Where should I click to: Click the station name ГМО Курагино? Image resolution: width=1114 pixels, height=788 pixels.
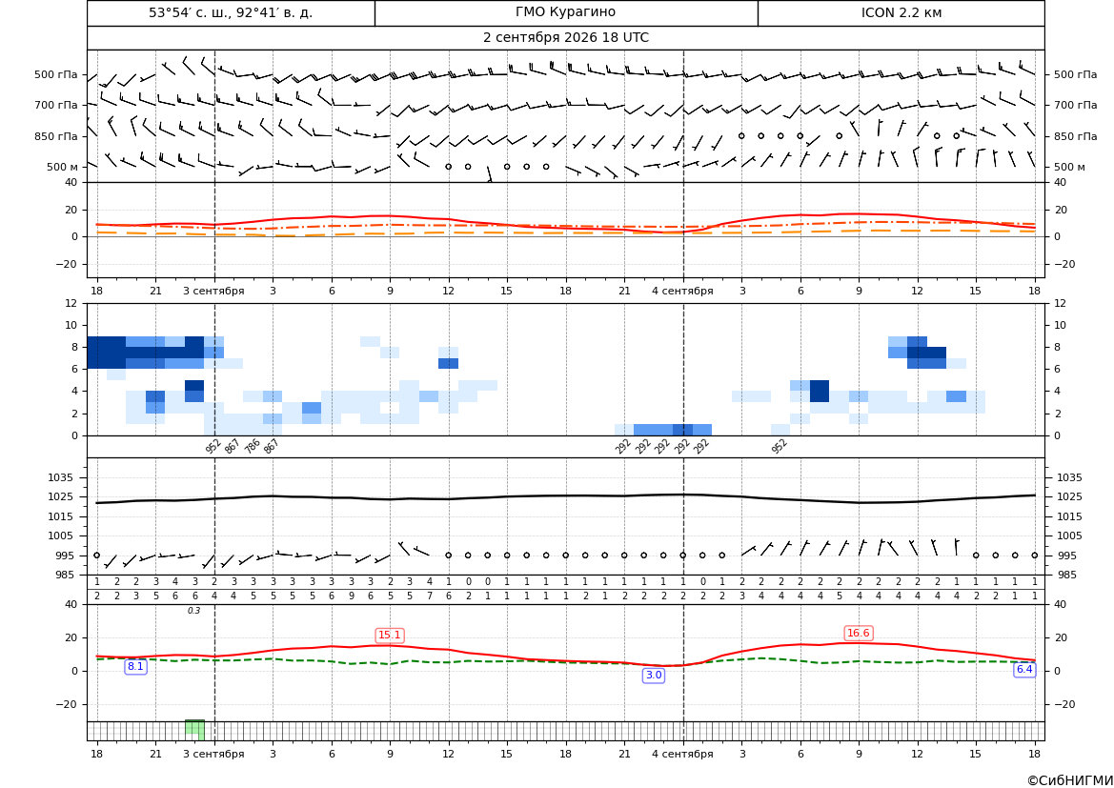point(565,12)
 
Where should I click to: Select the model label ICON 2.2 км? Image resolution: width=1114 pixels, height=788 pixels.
point(901,12)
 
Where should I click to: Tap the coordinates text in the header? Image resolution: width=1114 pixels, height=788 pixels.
point(231,12)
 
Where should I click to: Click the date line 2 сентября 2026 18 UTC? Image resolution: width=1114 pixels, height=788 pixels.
point(565,38)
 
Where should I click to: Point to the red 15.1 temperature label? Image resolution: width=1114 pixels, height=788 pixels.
point(390,636)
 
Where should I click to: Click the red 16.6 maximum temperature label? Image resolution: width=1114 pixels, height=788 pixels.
point(859,633)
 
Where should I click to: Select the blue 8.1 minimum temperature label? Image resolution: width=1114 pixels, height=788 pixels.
point(135,666)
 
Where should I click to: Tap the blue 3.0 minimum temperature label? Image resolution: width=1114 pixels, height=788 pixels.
point(653,675)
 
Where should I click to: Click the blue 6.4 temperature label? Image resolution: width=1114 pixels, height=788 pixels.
point(1023,669)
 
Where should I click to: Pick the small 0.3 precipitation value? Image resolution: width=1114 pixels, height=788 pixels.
point(194,611)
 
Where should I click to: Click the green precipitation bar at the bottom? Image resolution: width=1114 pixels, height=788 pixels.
point(194,730)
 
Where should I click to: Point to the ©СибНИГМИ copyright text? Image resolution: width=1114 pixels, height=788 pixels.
point(1069,780)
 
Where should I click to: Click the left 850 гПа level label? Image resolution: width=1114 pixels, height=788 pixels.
point(56,136)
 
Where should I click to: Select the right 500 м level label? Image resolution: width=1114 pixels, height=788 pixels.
point(1069,167)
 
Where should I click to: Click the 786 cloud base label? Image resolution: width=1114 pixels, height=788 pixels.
point(253,446)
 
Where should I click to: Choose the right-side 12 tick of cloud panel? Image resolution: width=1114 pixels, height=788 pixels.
point(1060,303)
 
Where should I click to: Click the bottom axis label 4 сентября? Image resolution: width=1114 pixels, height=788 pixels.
point(682,754)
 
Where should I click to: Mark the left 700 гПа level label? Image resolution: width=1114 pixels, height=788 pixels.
point(56,105)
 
